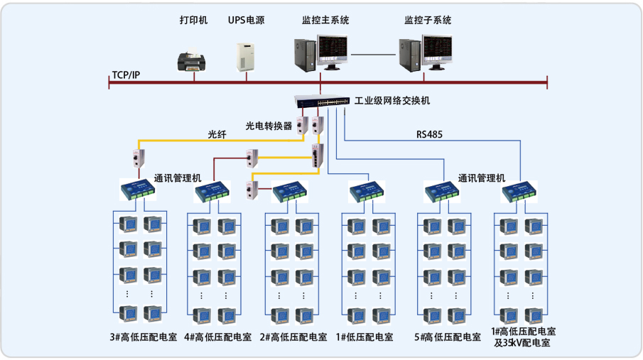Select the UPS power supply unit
[246, 56]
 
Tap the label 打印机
[193, 20]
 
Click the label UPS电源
[246, 20]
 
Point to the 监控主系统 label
[325, 20]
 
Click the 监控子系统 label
[428, 20]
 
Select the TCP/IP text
[126, 75]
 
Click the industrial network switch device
[320, 101]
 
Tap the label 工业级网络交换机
[392, 101]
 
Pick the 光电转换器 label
[269, 126]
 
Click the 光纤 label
[217, 134]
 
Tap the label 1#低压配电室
[364, 337]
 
